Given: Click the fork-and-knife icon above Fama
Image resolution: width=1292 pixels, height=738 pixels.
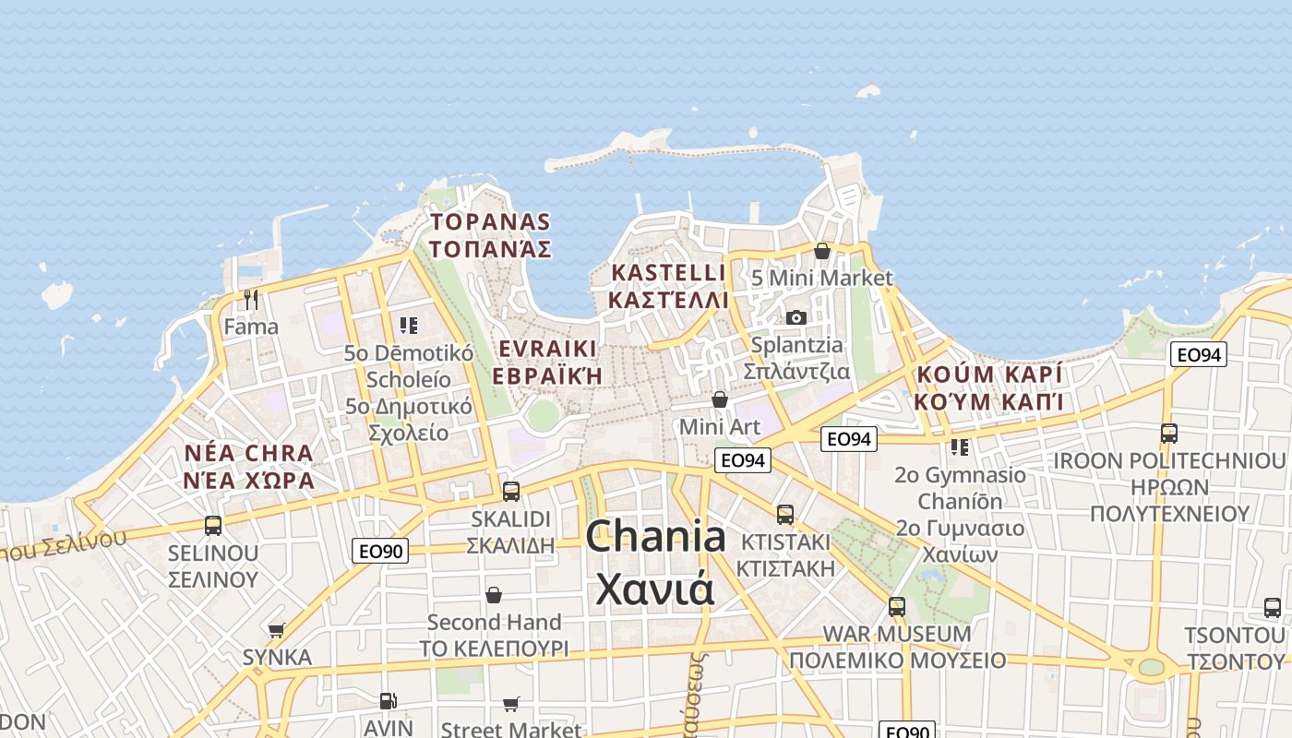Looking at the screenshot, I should [251, 299].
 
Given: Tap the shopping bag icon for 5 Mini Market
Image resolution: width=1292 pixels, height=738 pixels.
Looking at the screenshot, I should [821, 251].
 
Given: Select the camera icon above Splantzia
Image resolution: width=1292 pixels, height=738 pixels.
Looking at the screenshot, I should [796, 317].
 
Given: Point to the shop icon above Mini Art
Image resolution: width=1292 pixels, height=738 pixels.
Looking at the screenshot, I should [719, 399].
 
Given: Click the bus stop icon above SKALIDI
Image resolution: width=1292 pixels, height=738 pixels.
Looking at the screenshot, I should [510, 491].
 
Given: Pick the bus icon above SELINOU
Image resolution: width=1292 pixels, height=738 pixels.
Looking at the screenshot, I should [213, 526].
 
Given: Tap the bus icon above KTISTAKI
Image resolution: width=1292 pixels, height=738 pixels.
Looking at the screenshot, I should [784, 514].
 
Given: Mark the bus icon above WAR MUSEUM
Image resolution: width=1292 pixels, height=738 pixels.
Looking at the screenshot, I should [896, 607].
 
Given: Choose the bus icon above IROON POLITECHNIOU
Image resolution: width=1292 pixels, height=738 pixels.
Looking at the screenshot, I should [1168, 433].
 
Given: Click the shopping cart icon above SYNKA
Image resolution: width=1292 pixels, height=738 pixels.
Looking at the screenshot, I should [276, 630].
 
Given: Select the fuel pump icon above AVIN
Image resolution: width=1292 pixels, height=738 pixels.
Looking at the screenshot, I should [389, 702].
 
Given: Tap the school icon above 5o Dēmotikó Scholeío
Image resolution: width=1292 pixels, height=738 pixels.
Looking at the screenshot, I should [408, 325].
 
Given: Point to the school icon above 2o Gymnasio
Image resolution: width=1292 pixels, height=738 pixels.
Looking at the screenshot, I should [960, 447].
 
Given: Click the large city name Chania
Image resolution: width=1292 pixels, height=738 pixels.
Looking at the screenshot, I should [655, 537].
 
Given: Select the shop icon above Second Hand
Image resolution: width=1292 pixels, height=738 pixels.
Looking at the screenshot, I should [494, 595].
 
